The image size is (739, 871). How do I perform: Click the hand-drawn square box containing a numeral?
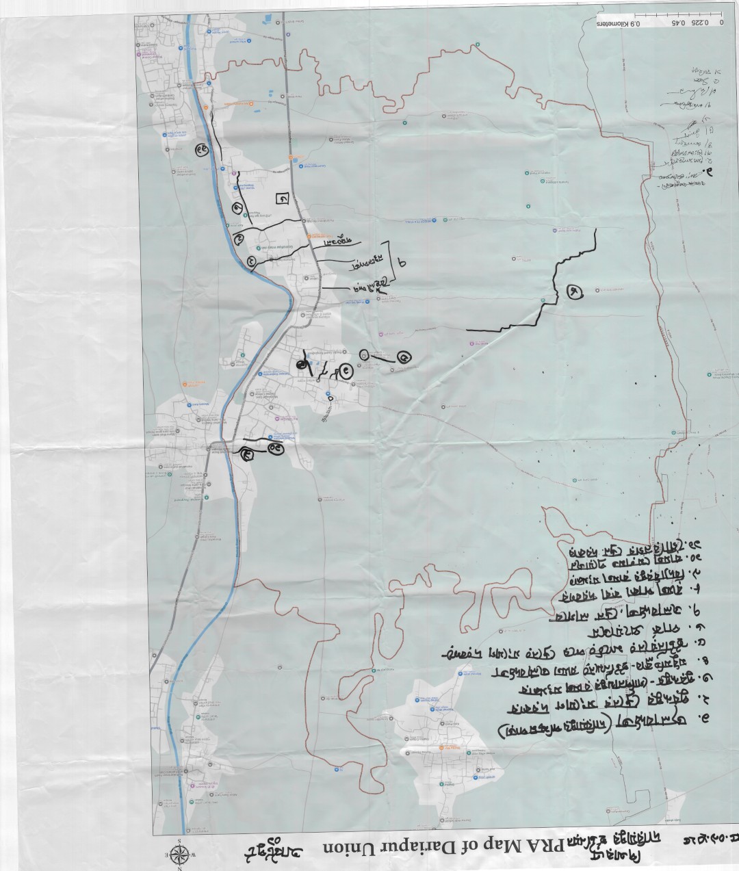tap(281, 198)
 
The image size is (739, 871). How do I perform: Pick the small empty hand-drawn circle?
tap(363, 354)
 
